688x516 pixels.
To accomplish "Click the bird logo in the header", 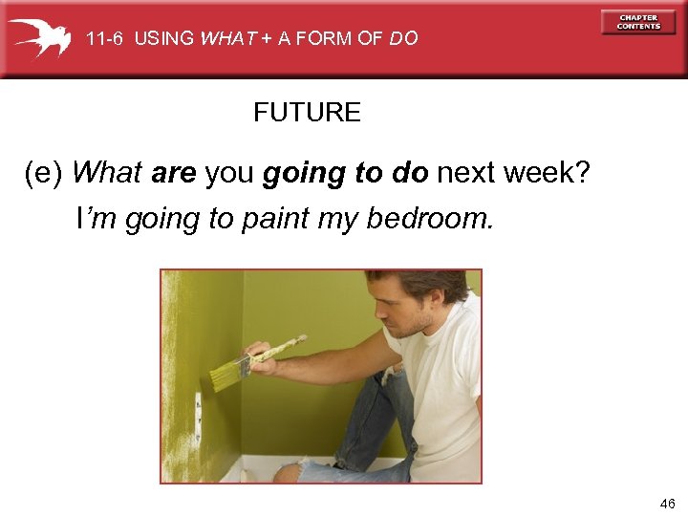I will (39, 37).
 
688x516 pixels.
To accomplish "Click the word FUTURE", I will (307, 113).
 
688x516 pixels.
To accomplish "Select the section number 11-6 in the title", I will (105, 39).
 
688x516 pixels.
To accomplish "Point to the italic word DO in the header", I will (403, 39).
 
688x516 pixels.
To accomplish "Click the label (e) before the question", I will (44, 173).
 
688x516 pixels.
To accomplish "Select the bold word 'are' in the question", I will (174, 173).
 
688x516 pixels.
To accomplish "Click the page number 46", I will (666, 503).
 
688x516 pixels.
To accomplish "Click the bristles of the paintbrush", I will (226, 376).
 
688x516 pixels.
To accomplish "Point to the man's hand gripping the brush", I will (258, 354).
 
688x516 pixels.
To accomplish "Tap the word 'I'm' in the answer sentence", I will (97, 219).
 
